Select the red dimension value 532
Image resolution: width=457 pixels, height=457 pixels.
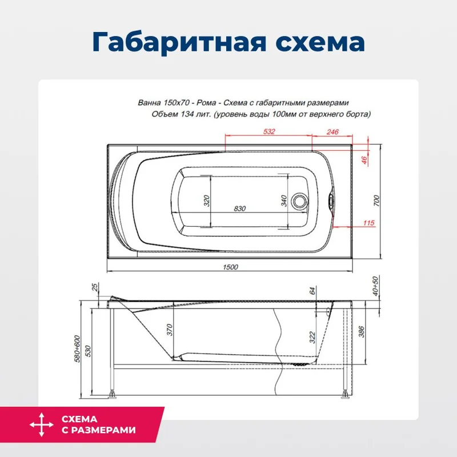[270, 132]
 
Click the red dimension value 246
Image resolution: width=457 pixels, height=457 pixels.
[332, 132]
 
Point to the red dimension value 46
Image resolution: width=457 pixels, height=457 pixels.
[364, 160]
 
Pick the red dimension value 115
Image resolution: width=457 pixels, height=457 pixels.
[368, 223]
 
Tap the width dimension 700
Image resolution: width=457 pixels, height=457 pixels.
[376, 201]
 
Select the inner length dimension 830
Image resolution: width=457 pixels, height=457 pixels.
[239, 209]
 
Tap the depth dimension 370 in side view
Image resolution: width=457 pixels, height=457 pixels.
[170, 330]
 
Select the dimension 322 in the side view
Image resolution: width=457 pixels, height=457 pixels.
[312, 338]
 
